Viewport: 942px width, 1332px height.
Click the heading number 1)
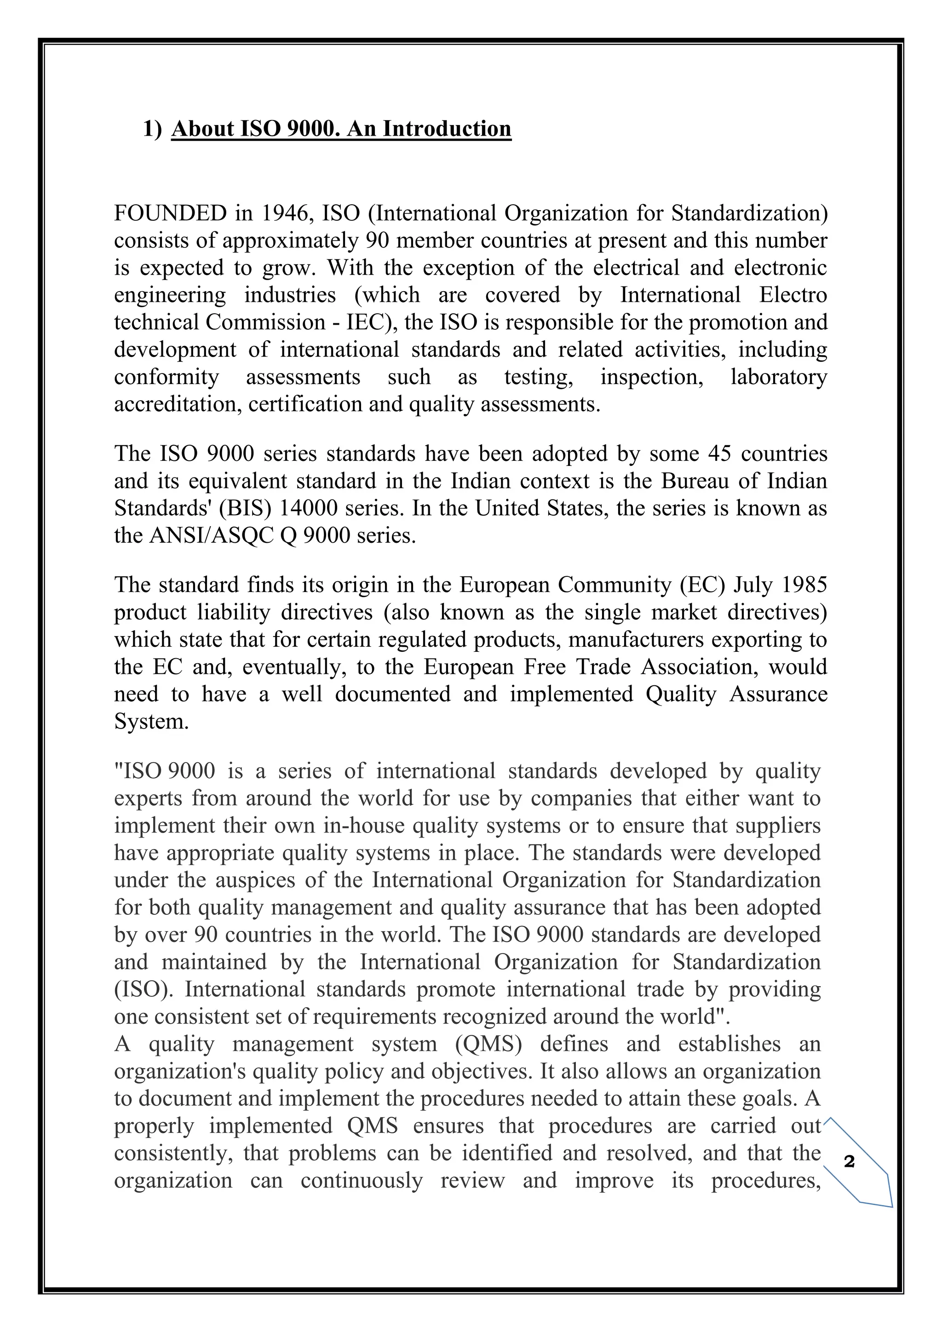coord(153,129)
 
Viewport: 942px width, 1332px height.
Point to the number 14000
coord(309,508)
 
